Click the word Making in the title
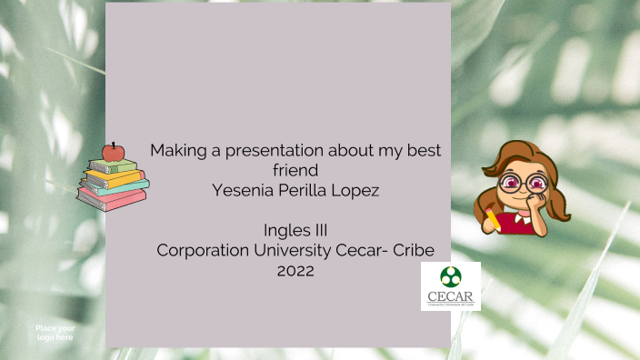[176, 151]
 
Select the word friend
[295, 170]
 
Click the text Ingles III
[295, 229]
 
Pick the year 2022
[295, 269]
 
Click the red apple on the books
[113, 152]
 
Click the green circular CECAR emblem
[450, 277]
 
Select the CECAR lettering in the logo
[451, 295]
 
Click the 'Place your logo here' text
[55, 333]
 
